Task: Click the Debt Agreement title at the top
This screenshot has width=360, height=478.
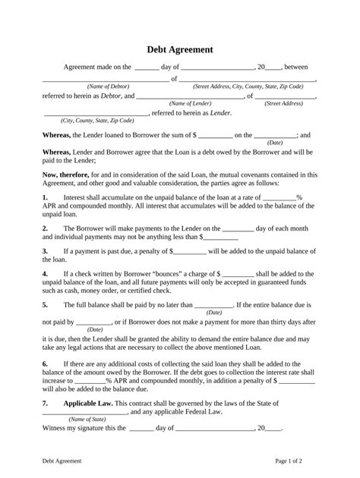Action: pos(179,49)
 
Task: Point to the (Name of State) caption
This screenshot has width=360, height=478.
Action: pos(87,418)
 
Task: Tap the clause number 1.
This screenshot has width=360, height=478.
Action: pos(45,197)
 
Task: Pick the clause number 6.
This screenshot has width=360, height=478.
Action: pos(45,363)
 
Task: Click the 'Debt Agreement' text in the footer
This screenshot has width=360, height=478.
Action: pos(62,460)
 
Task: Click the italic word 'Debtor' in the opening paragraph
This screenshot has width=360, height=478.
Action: pos(111,96)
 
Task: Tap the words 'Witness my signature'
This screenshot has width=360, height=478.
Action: pos(75,427)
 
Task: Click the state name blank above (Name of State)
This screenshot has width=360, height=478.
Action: pos(84,411)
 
